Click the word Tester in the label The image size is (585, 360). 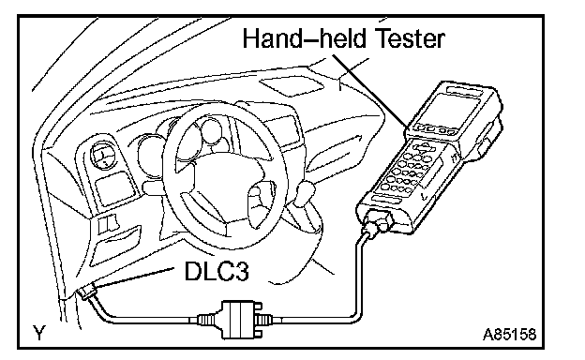pos(409,38)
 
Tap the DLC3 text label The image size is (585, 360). pos(217,270)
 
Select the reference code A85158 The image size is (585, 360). pos(510,335)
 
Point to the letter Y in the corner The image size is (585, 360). pos(38,333)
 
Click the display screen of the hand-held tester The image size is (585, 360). pos(452,108)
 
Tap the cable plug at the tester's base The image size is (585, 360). pos(378,222)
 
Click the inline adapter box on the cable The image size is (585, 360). pos(237,320)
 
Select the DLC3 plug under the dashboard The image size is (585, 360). pos(87,291)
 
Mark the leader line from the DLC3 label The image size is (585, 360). pos(137,277)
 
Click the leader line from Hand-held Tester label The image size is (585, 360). pos(369,91)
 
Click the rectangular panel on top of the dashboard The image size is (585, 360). pos(292,86)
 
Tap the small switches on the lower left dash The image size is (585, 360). pos(108,225)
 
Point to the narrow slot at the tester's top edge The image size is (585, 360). pos(466,91)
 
